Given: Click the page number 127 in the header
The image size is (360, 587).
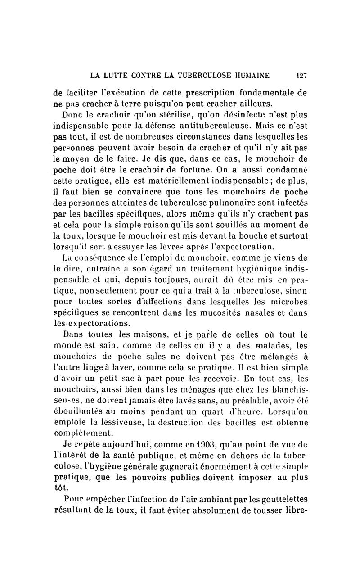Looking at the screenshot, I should tap(301, 74).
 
